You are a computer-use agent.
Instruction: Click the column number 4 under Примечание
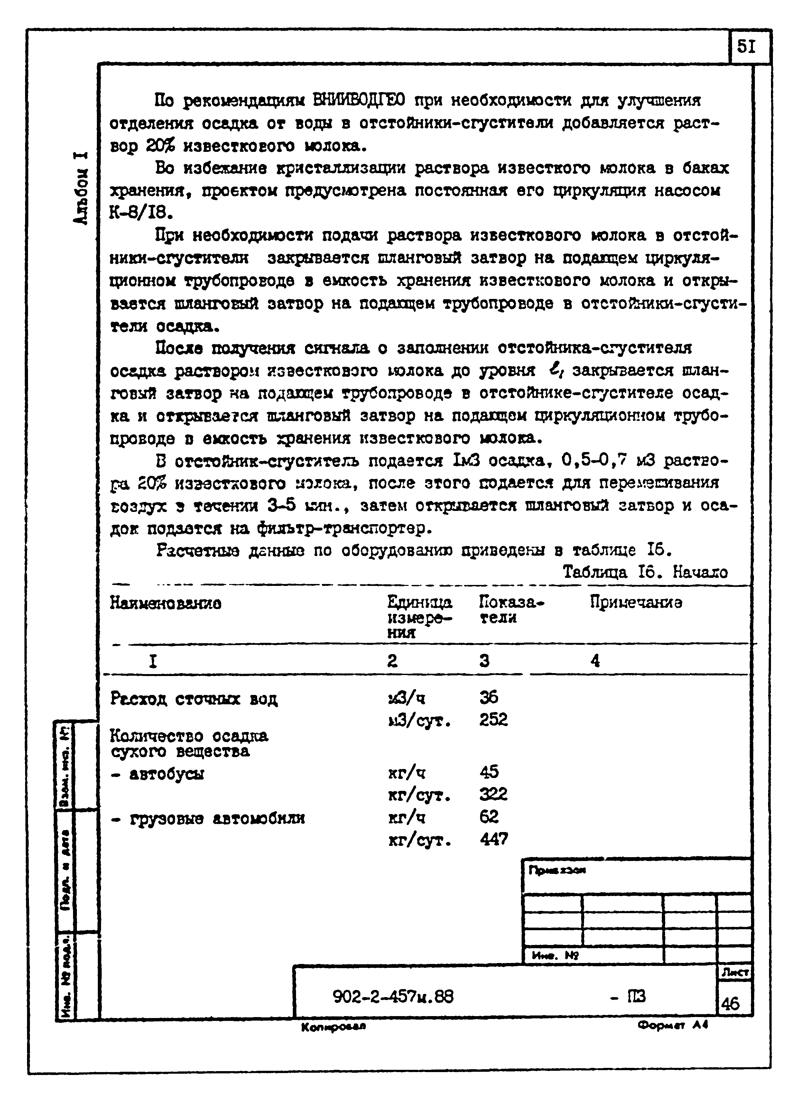[x=595, y=661]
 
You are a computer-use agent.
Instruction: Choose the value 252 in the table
[x=493, y=720]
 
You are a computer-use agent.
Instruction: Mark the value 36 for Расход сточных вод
[x=488, y=698]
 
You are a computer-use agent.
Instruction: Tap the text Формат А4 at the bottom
[x=673, y=1025]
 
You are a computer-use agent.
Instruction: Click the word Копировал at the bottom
[x=333, y=1027]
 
